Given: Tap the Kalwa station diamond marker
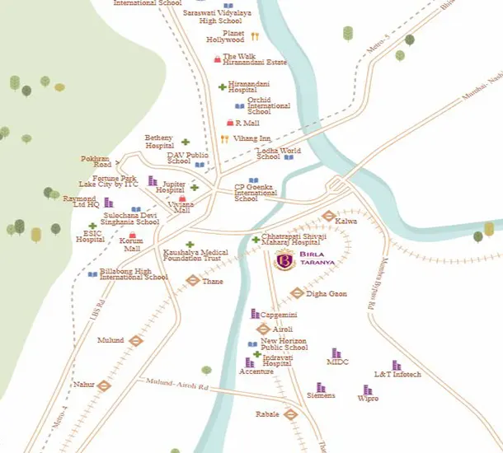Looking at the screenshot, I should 328,217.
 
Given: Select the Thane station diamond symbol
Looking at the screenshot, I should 192,280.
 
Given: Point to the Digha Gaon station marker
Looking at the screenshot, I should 297,292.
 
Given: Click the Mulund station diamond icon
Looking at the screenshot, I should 136,339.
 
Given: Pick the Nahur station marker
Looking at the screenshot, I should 105,385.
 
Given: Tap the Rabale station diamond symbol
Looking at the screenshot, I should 290,413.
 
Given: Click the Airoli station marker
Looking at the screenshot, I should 263,329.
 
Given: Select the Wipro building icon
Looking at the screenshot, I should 367,390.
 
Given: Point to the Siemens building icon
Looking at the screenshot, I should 321,387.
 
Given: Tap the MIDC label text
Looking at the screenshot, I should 338,362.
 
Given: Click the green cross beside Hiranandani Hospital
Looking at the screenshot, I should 222,86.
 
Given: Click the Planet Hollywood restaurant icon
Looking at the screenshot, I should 255,36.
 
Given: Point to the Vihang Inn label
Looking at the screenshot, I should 251,139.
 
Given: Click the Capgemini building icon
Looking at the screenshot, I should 255,314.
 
